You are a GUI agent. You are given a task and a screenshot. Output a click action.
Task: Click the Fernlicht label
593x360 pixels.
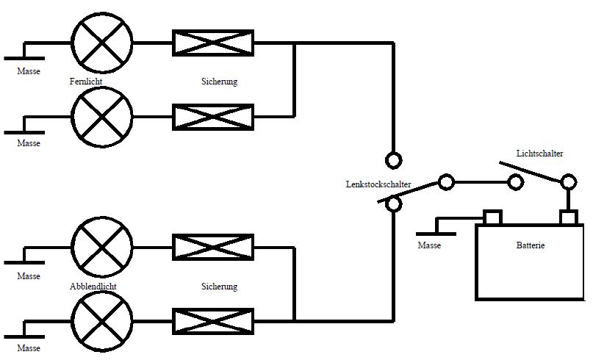click(x=86, y=82)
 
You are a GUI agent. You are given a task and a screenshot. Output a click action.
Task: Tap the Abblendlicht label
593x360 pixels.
click(x=93, y=287)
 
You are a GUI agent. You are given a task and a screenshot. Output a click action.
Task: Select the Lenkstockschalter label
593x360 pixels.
click(x=378, y=184)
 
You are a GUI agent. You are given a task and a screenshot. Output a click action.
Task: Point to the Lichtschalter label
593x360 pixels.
click(x=539, y=153)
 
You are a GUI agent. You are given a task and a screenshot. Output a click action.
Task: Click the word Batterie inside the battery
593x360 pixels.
click(x=531, y=245)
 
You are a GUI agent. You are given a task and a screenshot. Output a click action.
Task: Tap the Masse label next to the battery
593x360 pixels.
click(x=429, y=245)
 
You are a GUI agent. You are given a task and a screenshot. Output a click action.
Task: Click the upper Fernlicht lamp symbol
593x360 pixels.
click(x=102, y=43)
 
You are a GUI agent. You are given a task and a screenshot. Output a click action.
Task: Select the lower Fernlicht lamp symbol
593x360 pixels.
click(x=102, y=117)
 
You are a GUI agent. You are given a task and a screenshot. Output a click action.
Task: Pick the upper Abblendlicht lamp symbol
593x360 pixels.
click(x=102, y=247)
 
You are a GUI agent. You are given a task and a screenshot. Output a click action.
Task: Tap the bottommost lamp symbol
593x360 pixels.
click(x=102, y=321)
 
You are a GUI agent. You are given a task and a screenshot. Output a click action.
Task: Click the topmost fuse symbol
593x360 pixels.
click(x=213, y=43)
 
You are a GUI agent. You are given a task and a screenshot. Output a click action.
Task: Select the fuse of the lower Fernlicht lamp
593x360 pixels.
click(x=213, y=118)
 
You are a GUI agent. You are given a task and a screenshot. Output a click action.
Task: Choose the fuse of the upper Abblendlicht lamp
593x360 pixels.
click(x=213, y=248)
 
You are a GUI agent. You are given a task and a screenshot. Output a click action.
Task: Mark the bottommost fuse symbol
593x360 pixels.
click(x=213, y=322)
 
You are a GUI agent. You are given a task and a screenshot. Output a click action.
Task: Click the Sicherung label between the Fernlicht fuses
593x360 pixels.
click(x=220, y=82)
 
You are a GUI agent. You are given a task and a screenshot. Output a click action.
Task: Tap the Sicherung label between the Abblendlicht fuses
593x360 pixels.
click(x=220, y=287)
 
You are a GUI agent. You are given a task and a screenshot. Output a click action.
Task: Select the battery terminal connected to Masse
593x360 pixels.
click(x=492, y=217)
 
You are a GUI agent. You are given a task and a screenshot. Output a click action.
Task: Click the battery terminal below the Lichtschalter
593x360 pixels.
click(x=569, y=217)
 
